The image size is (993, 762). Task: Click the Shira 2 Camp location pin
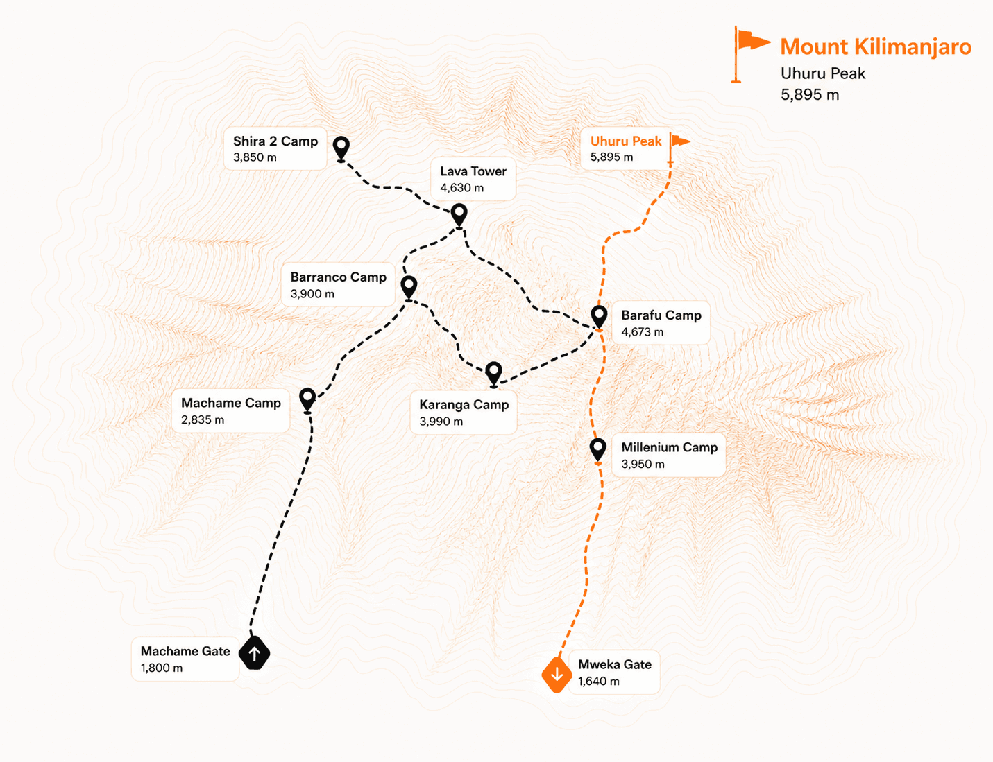point(341,147)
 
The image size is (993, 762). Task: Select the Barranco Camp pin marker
point(409,287)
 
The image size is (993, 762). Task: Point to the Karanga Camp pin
point(493,373)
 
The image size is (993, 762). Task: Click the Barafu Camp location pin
point(599,316)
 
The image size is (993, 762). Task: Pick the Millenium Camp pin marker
point(597,449)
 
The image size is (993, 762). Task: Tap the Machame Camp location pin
point(307,399)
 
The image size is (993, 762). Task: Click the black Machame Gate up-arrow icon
point(255,653)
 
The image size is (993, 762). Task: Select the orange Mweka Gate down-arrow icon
point(557,675)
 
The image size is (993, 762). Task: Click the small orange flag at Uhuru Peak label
point(679,147)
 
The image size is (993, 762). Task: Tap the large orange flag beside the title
point(749,54)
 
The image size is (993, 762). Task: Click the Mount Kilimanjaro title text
point(876,46)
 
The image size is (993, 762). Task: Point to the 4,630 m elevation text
point(461,188)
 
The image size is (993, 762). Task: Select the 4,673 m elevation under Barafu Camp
point(642,332)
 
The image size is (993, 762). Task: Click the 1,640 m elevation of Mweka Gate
point(599,681)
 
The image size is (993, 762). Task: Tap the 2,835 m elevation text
point(203,419)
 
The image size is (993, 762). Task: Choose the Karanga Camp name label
point(464,404)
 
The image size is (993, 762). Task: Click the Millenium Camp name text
point(670,447)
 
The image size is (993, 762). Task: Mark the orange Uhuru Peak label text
point(626,141)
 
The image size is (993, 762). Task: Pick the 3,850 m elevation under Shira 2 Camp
point(255,157)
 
